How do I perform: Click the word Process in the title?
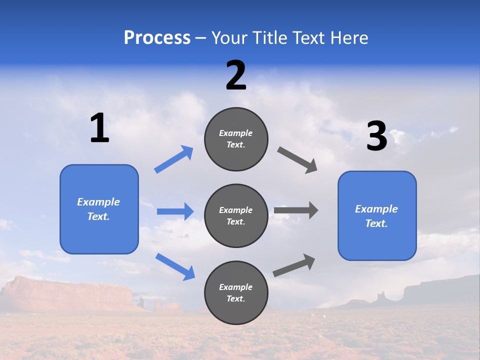coord(157,38)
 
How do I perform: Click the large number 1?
coord(99,128)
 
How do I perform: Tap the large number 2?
coord(236,75)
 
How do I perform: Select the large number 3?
coord(376,136)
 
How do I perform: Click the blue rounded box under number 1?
coord(99,209)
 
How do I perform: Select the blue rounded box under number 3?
coord(377,216)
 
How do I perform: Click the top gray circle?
coord(236,139)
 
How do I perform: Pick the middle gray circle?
coord(236,216)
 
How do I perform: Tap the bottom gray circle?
coord(236,292)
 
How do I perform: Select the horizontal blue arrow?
coord(175,211)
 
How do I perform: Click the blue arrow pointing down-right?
coord(175,266)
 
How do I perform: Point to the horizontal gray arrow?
coord(295,210)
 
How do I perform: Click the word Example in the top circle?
coord(236,133)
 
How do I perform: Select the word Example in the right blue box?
coord(376,209)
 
